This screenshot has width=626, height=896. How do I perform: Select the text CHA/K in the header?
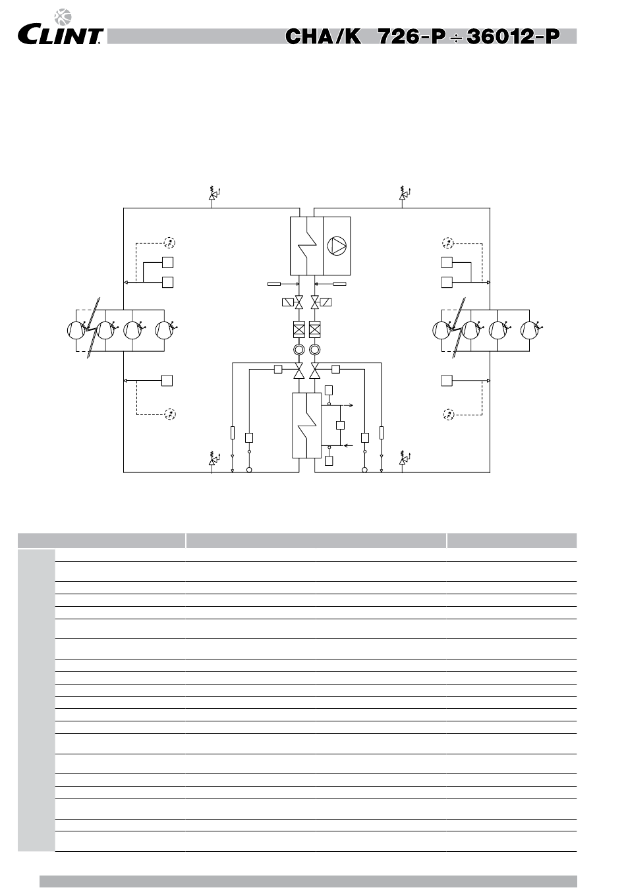(x=323, y=36)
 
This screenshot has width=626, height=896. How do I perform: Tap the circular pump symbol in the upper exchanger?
(x=337, y=246)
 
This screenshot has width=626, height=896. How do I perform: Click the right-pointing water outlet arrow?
(x=351, y=407)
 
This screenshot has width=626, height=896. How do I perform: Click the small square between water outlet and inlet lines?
(x=340, y=425)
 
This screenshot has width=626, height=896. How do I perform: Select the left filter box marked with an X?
(x=299, y=329)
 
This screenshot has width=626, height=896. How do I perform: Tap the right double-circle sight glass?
(x=315, y=349)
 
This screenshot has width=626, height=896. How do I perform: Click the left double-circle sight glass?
(x=299, y=349)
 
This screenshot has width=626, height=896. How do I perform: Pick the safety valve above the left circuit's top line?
(x=212, y=195)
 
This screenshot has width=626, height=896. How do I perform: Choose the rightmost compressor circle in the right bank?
(x=528, y=329)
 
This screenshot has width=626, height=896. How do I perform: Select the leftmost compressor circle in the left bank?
(x=76, y=329)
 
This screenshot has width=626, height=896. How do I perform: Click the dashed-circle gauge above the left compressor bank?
(x=169, y=242)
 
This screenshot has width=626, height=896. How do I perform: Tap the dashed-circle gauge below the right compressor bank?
(x=448, y=414)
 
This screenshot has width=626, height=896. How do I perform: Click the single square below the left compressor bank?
(x=167, y=380)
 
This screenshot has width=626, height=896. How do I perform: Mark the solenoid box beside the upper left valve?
(x=288, y=302)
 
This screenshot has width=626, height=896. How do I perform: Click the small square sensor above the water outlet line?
(x=329, y=391)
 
